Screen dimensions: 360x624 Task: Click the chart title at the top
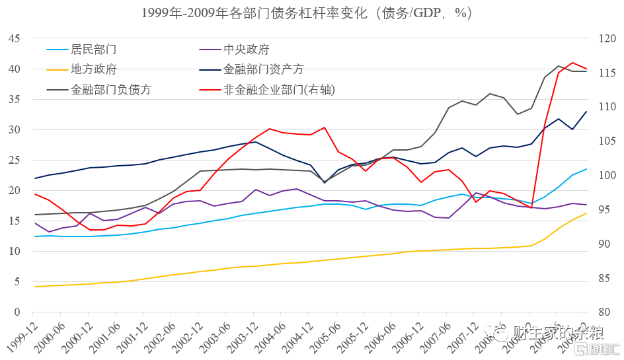pos(311,13)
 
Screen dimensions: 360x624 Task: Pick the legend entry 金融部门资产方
pos(263,69)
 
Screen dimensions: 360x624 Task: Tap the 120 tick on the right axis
pos(607,38)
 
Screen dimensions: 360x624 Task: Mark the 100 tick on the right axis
pos(607,176)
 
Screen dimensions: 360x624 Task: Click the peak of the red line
pos(572,62)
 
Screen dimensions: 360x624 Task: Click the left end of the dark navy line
pos(35,178)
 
